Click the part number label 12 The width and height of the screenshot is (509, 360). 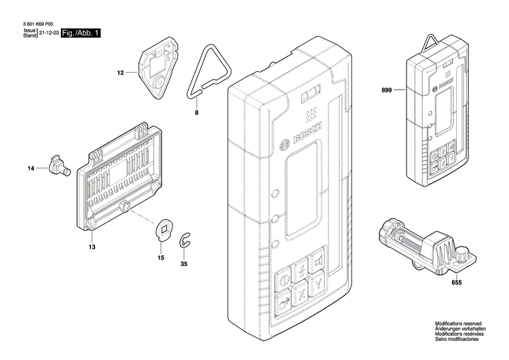[121, 72]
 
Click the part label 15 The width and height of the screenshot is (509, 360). [161, 257]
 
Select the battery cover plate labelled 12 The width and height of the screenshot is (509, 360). [155, 70]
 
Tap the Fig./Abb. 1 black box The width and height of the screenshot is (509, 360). [80, 33]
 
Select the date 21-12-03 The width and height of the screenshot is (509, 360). [49, 33]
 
